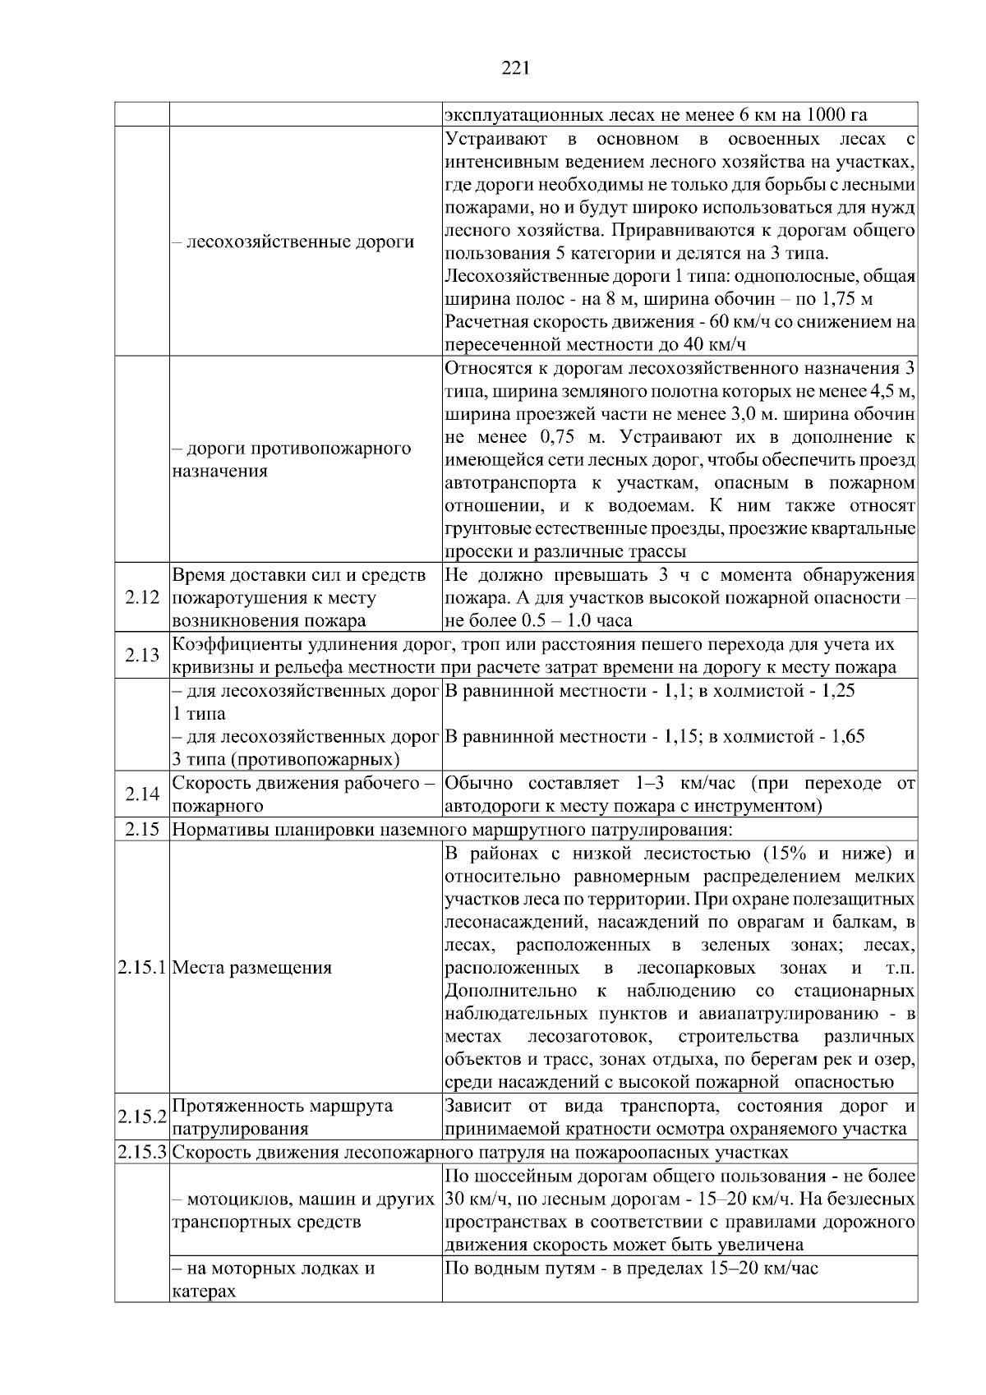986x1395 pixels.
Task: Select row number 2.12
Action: point(141,598)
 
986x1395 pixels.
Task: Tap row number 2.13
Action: point(141,656)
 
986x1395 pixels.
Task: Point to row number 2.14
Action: point(141,794)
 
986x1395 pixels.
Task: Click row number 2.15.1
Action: point(142,968)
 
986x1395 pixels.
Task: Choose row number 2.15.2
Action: point(142,1117)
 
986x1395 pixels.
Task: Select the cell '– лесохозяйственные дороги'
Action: point(293,242)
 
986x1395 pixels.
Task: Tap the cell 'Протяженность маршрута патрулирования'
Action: point(283,1117)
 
